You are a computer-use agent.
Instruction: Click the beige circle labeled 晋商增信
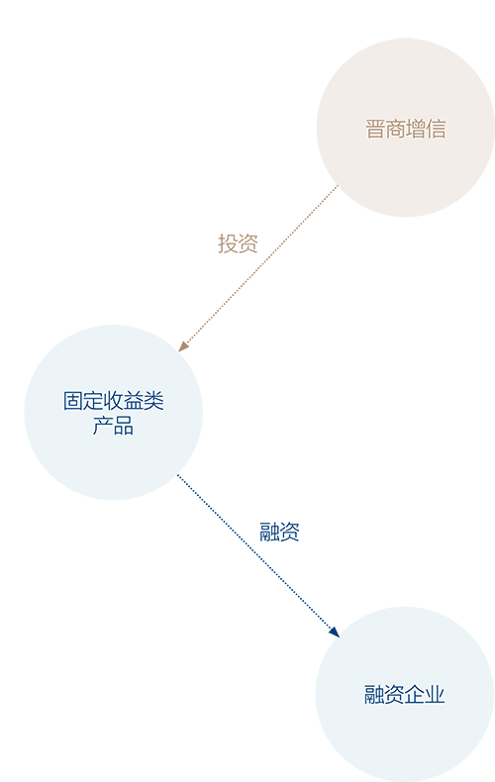[x=405, y=128]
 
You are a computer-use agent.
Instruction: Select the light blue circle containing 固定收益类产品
[x=114, y=413]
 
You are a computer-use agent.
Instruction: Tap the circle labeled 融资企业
[x=405, y=694]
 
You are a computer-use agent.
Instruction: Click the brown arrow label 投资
[x=238, y=244]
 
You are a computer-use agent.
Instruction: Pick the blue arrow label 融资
[x=279, y=532]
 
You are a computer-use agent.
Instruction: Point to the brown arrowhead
[x=183, y=346]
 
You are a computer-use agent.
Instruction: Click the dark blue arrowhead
[x=335, y=632]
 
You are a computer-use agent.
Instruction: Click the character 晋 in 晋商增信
[x=375, y=129]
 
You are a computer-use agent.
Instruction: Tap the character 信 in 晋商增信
[x=436, y=129]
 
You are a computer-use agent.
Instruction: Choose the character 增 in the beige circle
[x=416, y=129]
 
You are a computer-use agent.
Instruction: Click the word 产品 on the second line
[x=113, y=426]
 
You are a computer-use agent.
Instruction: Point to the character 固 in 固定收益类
[x=73, y=401]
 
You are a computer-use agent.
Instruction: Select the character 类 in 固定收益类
[x=153, y=401]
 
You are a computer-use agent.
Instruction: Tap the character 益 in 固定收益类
[x=134, y=401]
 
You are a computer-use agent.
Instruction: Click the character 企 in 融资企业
[x=414, y=694]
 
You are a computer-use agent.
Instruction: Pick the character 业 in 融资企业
[x=435, y=694]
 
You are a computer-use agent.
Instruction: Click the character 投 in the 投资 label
[x=228, y=244]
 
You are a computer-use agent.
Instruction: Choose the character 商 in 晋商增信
[x=395, y=129]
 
